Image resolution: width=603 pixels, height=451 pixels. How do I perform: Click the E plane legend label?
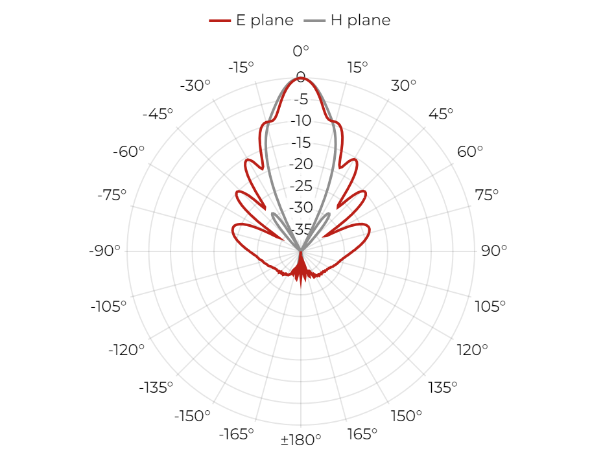pyautogui.click(x=265, y=20)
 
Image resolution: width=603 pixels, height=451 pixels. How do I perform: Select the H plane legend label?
pyautogui.click(x=361, y=20)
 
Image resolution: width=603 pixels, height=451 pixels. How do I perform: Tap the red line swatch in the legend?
pyautogui.click(x=220, y=21)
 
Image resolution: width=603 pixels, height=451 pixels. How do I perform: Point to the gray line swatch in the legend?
pyautogui.click(x=314, y=21)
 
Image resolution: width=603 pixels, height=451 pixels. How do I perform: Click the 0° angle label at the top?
pyautogui.click(x=301, y=51)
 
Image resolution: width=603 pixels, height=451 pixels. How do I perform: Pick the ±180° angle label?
pyautogui.click(x=301, y=439)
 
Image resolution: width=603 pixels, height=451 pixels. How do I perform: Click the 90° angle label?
pyautogui.click(x=494, y=251)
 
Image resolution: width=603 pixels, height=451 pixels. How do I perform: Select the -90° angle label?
pyautogui.click(x=104, y=251)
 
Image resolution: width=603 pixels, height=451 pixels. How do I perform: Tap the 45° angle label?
pyautogui.click(x=441, y=114)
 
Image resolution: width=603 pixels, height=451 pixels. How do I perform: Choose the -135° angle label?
pyautogui.click(x=156, y=387)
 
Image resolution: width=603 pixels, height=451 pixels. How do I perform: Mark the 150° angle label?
pyautogui.click(x=406, y=416)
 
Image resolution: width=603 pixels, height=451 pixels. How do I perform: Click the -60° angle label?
pyautogui.click(x=128, y=152)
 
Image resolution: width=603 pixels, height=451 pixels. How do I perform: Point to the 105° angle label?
pyautogui.click(x=490, y=306)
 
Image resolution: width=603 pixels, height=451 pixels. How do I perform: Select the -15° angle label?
pyautogui.click(x=241, y=67)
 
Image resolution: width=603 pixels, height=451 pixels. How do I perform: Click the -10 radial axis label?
pyautogui.click(x=301, y=121)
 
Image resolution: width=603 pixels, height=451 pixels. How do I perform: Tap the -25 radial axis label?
pyautogui.click(x=301, y=186)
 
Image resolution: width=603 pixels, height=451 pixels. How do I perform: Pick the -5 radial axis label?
pyautogui.click(x=301, y=99)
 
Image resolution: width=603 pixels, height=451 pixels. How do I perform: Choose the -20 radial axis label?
pyautogui.click(x=301, y=164)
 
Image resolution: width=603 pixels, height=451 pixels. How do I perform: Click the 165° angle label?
pyautogui.click(x=362, y=434)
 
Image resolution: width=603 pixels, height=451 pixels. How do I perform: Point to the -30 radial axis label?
pyautogui.click(x=301, y=207)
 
